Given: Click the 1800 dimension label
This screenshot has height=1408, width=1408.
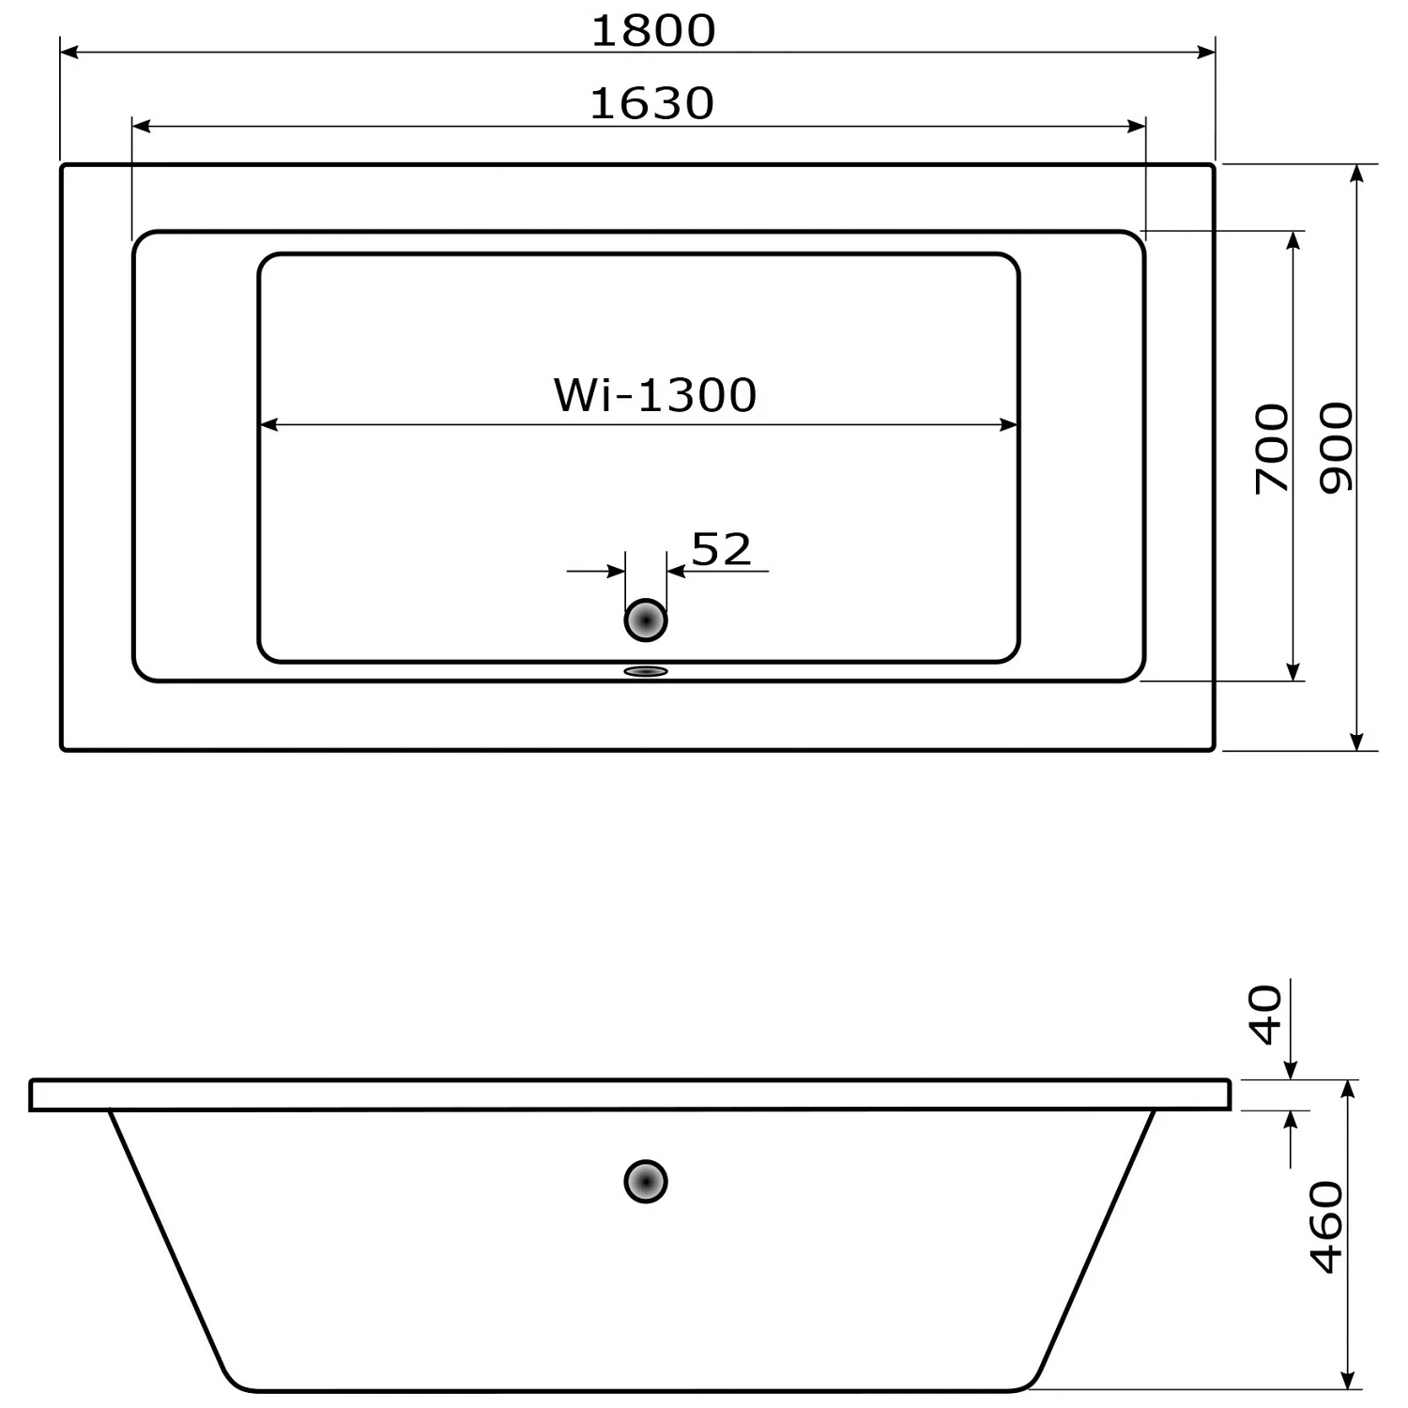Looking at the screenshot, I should tap(653, 31).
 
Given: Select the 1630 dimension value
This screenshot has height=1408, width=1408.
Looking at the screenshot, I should tap(652, 103).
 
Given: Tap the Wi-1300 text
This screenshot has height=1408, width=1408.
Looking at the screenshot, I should tap(655, 395).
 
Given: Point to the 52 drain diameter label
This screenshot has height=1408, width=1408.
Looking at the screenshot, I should tap(721, 549).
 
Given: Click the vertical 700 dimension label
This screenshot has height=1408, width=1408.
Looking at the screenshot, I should tap(1273, 449).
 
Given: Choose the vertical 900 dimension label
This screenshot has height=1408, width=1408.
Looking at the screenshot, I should tap(1337, 449).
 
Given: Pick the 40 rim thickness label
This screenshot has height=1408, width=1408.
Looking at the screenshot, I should tap(1267, 1015).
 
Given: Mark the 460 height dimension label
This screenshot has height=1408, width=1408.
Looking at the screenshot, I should tap(1326, 1227).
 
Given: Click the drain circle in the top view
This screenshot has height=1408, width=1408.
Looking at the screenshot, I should tap(646, 620).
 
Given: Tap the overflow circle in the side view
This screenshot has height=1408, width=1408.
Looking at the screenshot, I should tap(646, 1182).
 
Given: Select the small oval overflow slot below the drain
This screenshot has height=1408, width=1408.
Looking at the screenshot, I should tap(646, 671).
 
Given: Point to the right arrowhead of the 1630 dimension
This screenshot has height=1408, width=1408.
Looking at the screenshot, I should tap(1137, 126).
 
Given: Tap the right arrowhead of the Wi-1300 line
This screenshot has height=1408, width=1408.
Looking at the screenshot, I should tap(1010, 425).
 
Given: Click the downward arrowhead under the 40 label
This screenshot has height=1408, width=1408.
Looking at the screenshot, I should tap(1291, 1069).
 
